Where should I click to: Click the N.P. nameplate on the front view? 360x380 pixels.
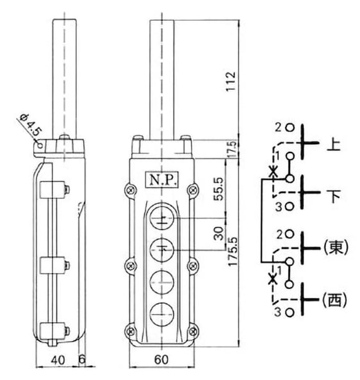tap(161, 179)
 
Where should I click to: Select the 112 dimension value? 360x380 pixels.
tap(231, 81)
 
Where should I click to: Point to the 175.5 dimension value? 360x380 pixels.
tap(233, 252)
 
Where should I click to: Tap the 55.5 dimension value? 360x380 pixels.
tap(218, 189)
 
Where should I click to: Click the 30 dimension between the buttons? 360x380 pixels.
tap(219, 233)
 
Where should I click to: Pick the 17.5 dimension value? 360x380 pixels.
tap(232, 149)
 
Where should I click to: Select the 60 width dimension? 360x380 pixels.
tap(161, 359)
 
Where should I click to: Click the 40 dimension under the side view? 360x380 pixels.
tap(58, 360)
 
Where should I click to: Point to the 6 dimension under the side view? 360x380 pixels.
tap(83, 359)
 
